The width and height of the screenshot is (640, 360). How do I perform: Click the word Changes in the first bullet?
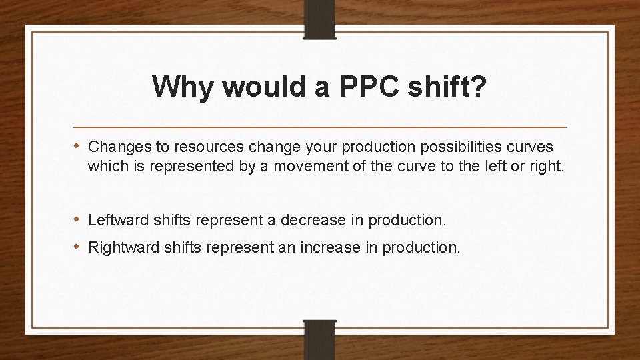(x=113, y=146)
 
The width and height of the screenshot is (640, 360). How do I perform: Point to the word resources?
(x=184, y=146)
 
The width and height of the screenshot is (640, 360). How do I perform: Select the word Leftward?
(x=115, y=219)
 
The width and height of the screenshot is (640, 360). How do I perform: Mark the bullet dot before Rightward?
(x=77, y=247)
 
